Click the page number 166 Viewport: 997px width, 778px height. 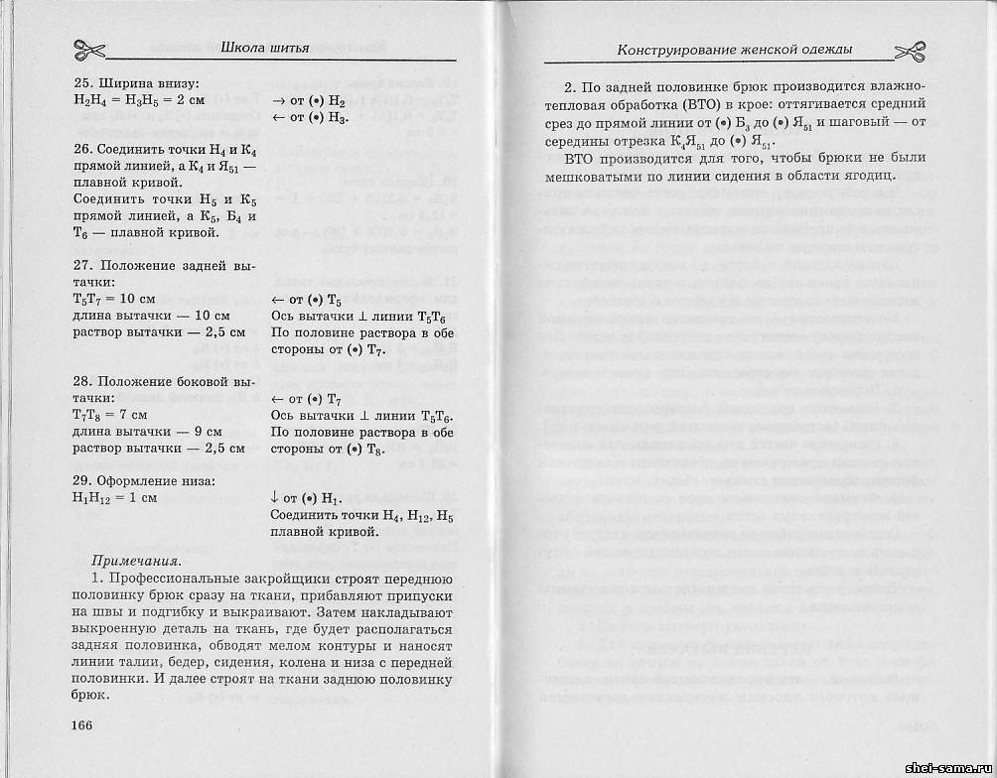(x=81, y=724)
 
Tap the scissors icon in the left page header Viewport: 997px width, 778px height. (x=90, y=49)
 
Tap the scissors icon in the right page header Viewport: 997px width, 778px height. (x=912, y=49)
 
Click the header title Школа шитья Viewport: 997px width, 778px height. (x=263, y=48)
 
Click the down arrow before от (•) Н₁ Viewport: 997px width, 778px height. (x=275, y=497)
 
